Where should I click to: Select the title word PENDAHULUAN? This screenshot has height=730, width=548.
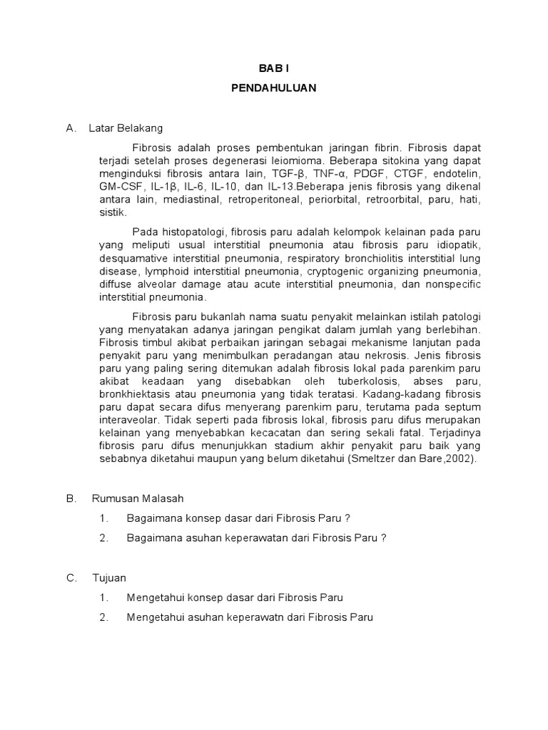point(273,89)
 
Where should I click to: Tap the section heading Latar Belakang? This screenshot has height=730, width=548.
point(126,128)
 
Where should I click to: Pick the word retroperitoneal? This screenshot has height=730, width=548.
point(265,200)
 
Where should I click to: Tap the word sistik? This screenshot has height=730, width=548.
point(113,212)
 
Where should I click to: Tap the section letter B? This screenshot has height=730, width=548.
point(71,499)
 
